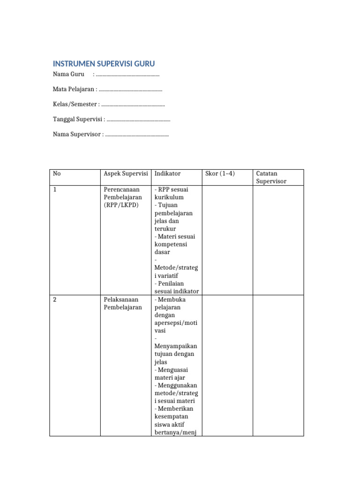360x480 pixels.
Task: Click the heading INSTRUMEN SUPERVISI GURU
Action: coord(104,64)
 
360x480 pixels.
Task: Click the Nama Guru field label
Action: coord(68,75)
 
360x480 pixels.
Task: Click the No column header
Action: coord(57,173)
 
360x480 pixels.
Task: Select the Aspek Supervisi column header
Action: coord(125,173)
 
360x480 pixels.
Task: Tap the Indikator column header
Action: coord(167,173)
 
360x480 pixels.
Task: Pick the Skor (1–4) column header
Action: coord(220,173)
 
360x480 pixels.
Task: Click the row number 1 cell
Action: coord(55,189)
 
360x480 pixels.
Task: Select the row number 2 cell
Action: coord(55,300)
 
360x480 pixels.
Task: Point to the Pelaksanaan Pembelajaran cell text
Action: coord(122,303)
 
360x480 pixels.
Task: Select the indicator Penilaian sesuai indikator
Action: coord(176,287)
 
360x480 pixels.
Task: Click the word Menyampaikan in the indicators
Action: coord(176,346)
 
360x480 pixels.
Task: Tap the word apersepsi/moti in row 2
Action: coord(176,323)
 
